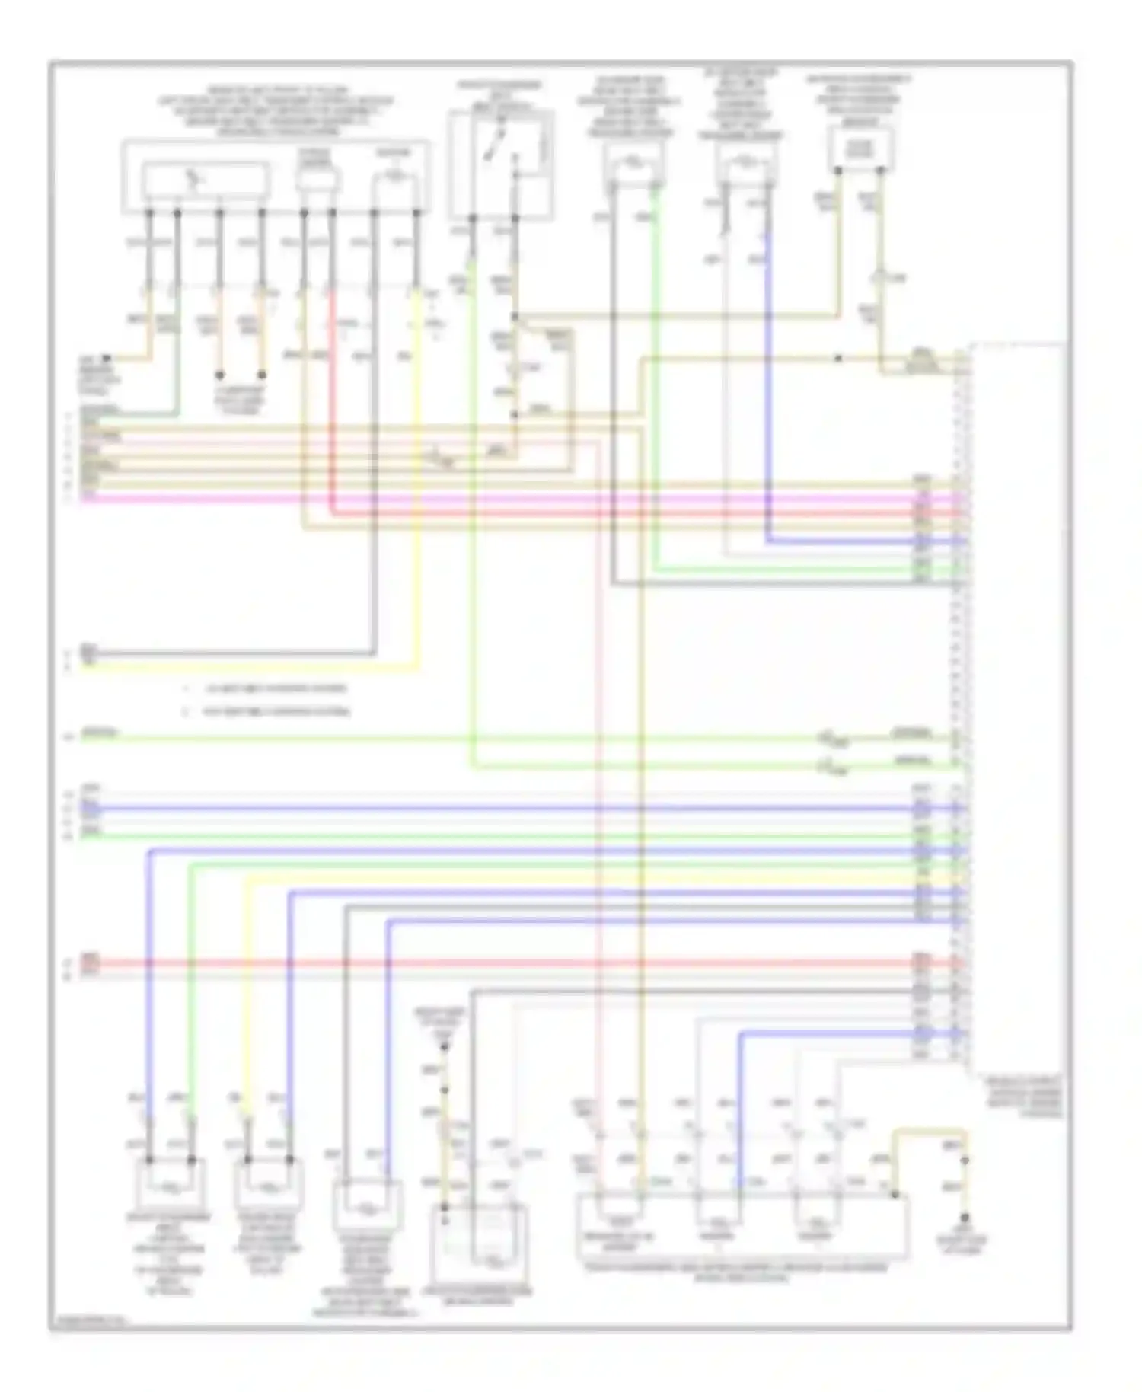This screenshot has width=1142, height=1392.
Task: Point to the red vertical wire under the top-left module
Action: pyautogui.click(x=332, y=396)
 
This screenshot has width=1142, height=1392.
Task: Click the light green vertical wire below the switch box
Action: pyautogui.click(x=472, y=533)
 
